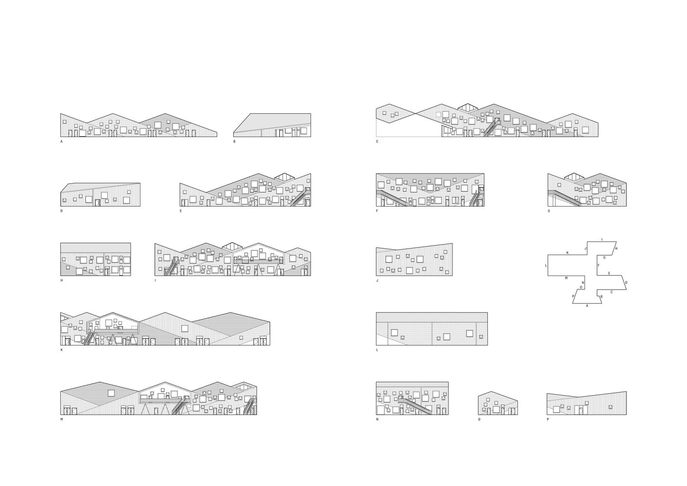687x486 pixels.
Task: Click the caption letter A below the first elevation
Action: pyautogui.click(x=62, y=141)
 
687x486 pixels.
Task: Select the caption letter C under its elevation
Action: pyautogui.click(x=377, y=141)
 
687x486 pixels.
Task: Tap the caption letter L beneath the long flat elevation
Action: pyautogui.click(x=377, y=350)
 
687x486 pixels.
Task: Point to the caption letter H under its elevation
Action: pyautogui.click(x=62, y=280)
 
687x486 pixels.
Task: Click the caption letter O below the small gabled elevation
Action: pyautogui.click(x=480, y=419)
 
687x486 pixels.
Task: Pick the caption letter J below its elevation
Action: pyautogui.click(x=377, y=280)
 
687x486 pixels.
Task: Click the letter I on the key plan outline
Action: pyautogui.click(x=602, y=239)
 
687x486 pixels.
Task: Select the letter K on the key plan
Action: pyautogui.click(x=567, y=253)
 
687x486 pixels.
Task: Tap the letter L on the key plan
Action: pyautogui.click(x=546, y=265)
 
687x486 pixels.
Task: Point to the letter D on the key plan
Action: pyautogui.click(x=626, y=282)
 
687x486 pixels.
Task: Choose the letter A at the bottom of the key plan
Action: pyautogui.click(x=587, y=306)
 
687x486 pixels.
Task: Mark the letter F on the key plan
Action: pyautogui.click(x=599, y=265)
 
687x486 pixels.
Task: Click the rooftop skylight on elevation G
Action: pyautogui.click(x=570, y=177)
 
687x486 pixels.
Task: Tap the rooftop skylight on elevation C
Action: pyautogui.click(x=468, y=107)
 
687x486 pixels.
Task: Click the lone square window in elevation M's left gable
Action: pyautogui.click(x=111, y=393)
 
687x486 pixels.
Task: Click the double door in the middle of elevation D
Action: pyautogui.click(x=98, y=203)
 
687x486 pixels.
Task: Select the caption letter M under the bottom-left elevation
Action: pyautogui.click(x=62, y=419)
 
